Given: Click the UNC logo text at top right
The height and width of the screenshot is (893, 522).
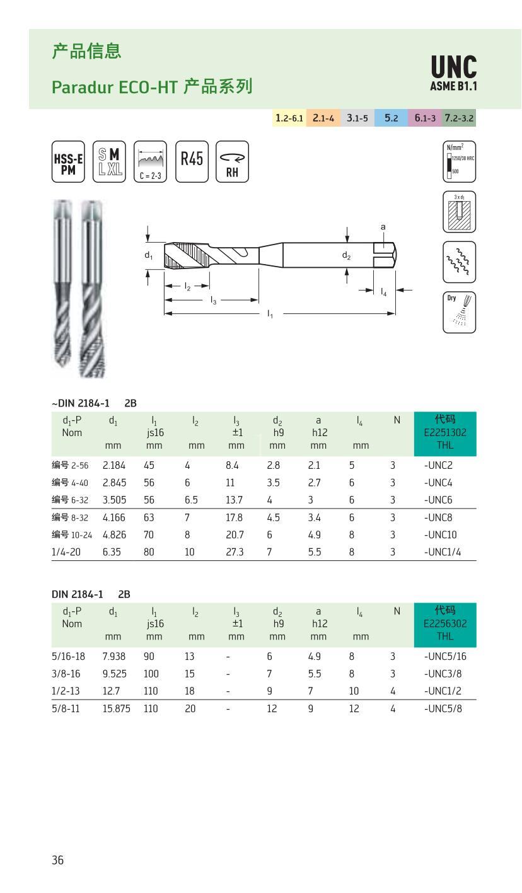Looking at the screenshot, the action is (453, 67).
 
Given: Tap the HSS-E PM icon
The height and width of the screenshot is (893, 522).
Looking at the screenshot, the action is (67, 162).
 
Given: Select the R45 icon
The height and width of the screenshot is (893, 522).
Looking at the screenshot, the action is (191, 161).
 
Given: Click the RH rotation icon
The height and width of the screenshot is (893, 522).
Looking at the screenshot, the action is (232, 162).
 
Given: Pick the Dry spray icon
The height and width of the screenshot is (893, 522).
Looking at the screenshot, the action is (459, 312).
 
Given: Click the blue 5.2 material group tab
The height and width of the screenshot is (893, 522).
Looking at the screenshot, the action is (391, 118).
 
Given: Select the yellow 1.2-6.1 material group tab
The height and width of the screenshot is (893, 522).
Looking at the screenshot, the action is (289, 118).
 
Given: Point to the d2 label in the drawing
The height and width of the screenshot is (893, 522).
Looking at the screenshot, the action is (346, 255).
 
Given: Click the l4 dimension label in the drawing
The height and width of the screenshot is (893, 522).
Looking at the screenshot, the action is (384, 292).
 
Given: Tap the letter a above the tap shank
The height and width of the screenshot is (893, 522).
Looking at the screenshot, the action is (383, 227).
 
